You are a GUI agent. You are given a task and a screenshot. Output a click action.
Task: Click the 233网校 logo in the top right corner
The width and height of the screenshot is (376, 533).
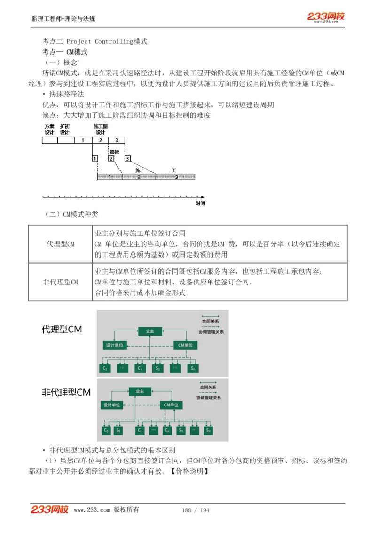(326, 16)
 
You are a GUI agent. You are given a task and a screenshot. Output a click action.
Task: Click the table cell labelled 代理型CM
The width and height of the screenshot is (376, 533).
(60, 244)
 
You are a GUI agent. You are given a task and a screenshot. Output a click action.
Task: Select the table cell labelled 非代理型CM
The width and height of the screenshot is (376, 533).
(60, 282)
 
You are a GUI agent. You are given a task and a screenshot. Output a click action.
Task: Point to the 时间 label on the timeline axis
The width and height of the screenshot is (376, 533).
(200, 203)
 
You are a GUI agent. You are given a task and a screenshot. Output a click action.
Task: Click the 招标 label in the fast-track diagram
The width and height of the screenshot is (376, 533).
(114, 152)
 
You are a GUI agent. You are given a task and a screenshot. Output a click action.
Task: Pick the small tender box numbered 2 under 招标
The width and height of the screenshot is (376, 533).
(111, 159)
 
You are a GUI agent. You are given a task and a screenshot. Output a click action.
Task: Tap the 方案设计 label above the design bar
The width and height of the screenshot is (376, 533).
(49, 129)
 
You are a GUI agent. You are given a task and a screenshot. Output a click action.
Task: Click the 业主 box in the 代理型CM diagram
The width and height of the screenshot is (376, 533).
(150, 331)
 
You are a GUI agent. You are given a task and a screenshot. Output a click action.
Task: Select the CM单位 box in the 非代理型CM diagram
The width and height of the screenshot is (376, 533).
(171, 405)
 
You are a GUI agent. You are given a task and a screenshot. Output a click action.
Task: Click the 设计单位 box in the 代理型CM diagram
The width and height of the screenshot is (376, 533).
(114, 345)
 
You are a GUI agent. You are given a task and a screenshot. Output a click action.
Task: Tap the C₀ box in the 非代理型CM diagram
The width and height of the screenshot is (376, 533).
(106, 430)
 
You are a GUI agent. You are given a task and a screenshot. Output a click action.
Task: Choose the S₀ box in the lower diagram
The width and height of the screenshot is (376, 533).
(118, 430)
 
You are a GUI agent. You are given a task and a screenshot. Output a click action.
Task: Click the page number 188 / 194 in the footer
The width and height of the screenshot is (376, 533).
(196, 510)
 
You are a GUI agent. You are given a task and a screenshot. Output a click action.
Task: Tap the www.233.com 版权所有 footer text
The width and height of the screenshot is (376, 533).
(106, 510)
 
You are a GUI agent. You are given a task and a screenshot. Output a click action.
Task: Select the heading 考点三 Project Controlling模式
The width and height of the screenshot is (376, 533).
(94, 41)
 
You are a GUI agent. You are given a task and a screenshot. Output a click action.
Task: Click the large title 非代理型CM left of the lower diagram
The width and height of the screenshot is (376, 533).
(66, 392)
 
